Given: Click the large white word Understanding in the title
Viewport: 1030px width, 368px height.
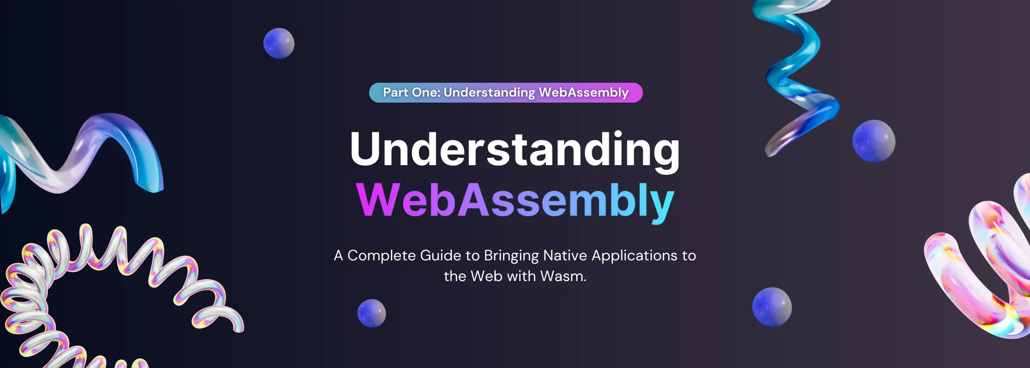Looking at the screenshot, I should pos(515,149).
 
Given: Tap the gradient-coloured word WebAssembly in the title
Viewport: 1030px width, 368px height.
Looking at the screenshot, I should pos(515,201).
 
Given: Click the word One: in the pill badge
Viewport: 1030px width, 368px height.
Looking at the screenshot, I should pos(426,92).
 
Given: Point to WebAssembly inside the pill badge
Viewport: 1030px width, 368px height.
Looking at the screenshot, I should pos(584,92).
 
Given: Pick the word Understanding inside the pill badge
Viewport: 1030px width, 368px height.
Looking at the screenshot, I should pos(489,92).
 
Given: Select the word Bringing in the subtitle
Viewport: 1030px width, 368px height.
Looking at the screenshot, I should pos(511,256).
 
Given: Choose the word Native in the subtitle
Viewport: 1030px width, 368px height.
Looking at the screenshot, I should pos(565,255).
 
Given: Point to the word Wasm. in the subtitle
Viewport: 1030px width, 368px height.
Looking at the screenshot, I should pos(563,276).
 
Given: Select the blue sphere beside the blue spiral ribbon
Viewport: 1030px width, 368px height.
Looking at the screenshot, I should pos(874,141).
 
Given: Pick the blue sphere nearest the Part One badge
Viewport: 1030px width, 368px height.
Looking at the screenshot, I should pos(279,43).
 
